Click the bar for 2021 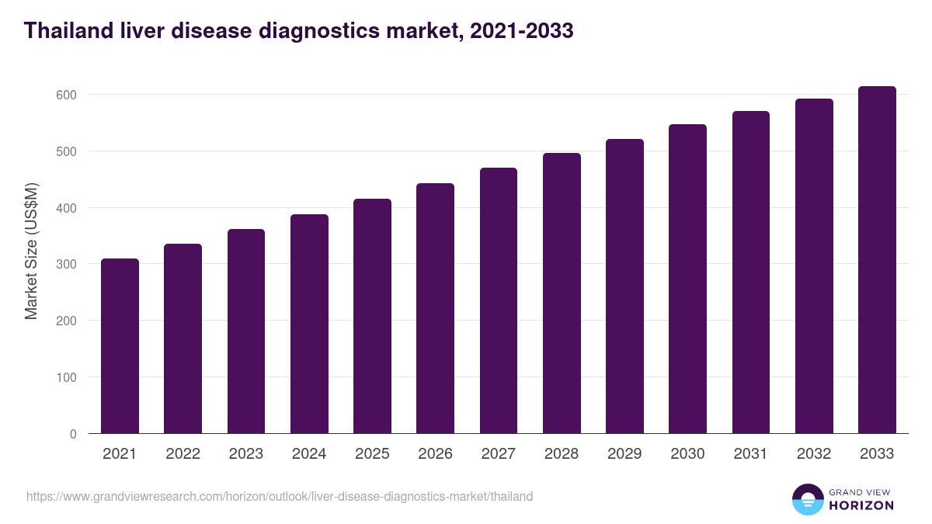point(120,346)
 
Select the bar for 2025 point(372,316)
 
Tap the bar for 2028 point(562,293)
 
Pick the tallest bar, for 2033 point(877,260)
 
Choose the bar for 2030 point(687,279)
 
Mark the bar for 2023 point(246,331)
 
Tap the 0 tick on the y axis point(73,434)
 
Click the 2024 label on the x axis point(309,454)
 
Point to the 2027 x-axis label point(499,454)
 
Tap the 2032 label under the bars point(814,454)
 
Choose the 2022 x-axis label point(183,454)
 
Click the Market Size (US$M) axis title point(31,251)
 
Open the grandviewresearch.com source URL point(280,496)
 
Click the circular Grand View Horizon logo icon point(807,499)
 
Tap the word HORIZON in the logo point(861,505)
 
